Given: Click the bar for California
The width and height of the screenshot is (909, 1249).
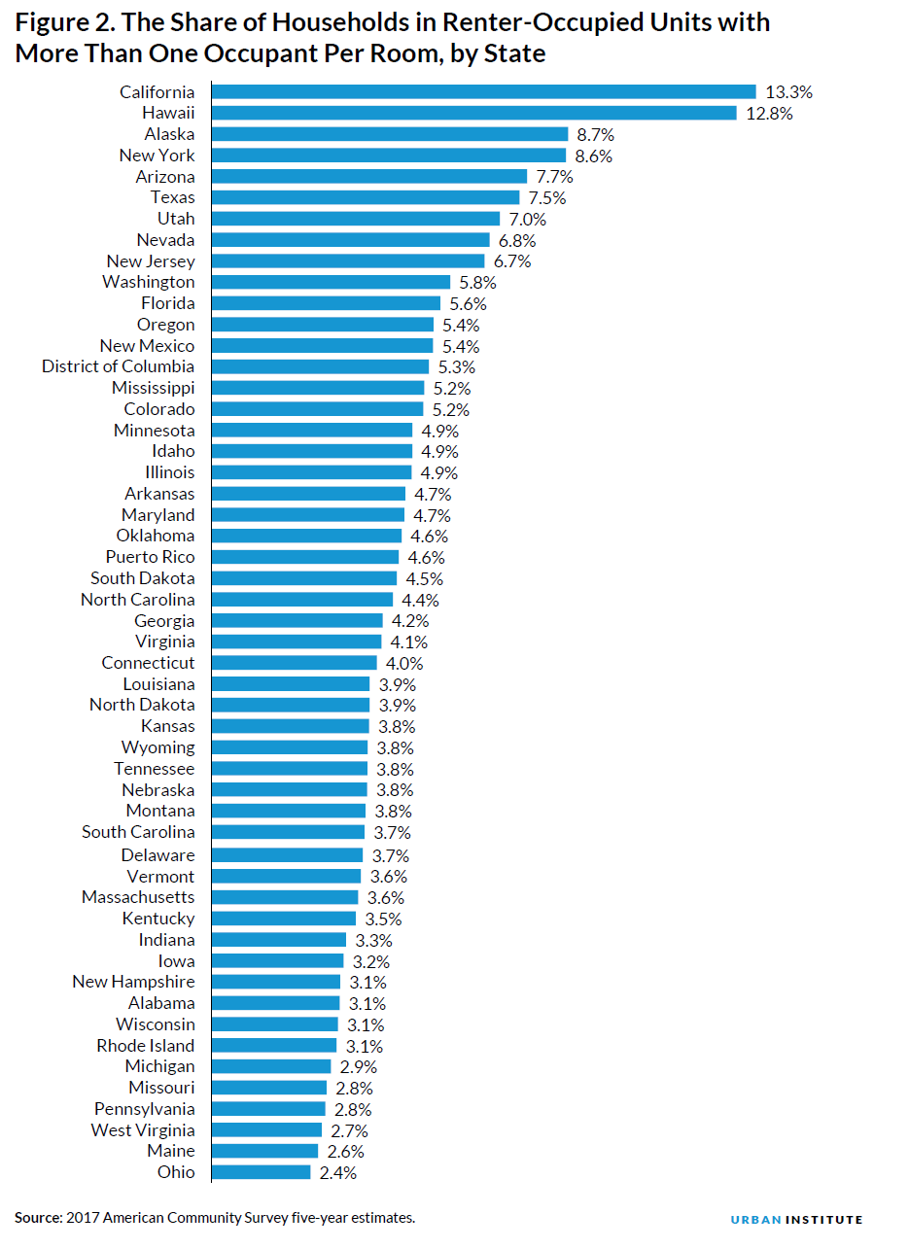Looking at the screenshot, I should tap(483, 91).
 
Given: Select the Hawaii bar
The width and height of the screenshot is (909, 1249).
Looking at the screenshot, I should tap(473, 113).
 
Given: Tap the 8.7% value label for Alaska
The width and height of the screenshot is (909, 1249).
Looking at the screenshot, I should tap(595, 134).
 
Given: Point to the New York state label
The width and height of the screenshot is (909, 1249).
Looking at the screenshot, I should tap(157, 156).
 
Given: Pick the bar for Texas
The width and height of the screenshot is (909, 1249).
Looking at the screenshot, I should tap(366, 197).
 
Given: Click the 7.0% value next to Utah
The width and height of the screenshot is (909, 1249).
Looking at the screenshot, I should tap(527, 219).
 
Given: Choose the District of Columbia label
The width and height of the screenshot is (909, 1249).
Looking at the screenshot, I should tap(118, 366).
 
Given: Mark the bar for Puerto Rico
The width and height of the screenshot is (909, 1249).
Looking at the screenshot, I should tap(305, 557).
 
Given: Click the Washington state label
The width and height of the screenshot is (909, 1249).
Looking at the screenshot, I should tap(148, 282).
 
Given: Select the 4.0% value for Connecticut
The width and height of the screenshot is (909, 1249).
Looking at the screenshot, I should tap(403, 663).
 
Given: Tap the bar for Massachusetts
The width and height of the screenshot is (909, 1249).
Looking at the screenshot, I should tap(285, 897).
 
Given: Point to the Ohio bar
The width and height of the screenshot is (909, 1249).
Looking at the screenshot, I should tap(261, 1172).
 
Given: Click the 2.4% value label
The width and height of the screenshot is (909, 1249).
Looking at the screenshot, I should tap(337, 1172).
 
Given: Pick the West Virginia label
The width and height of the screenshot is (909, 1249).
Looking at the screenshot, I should tap(143, 1130).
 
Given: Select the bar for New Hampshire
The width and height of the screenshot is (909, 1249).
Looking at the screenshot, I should tap(276, 982).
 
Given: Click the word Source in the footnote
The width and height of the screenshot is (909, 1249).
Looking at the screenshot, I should tap(37, 1218).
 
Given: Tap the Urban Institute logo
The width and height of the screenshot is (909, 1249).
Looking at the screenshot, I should tap(796, 1219).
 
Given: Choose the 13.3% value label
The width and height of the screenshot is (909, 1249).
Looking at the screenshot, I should tap(788, 92).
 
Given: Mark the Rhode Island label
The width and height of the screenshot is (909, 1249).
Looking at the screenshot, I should tap(145, 1046).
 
